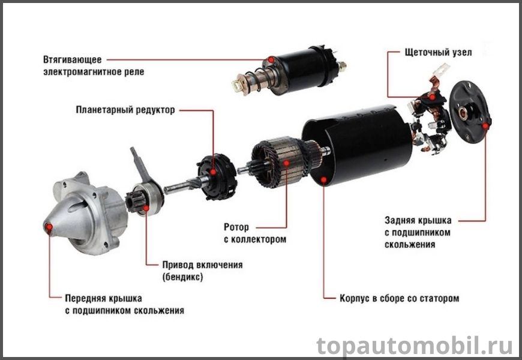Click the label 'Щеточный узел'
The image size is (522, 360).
click(x=438, y=52)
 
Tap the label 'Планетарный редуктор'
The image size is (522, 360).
click(x=125, y=110)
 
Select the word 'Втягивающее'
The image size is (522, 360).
click(x=72, y=59)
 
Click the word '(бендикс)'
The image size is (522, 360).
click(x=182, y=277)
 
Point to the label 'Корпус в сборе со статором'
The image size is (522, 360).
click(x=399, y=298)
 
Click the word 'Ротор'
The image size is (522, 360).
click(x=236, y=227)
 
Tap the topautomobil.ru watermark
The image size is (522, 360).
click(x=414, y=346)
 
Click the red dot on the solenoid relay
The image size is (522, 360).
click(x=271, y=60)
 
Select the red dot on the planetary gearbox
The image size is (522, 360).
click(x=213, y=172)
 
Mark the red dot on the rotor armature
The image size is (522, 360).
click(x=286, y=163)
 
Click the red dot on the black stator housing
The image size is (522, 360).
click(x=323, y=180)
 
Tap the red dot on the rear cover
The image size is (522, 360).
click(x=485, y=126)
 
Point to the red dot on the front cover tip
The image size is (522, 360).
click(x=49, y=227)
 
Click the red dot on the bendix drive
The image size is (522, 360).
click(x=146, y=208)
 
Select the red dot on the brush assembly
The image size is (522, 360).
click(x=432, y=97)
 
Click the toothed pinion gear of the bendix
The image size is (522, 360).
click(x=135, y=201)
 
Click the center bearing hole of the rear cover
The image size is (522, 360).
click(x=463, y=113)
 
